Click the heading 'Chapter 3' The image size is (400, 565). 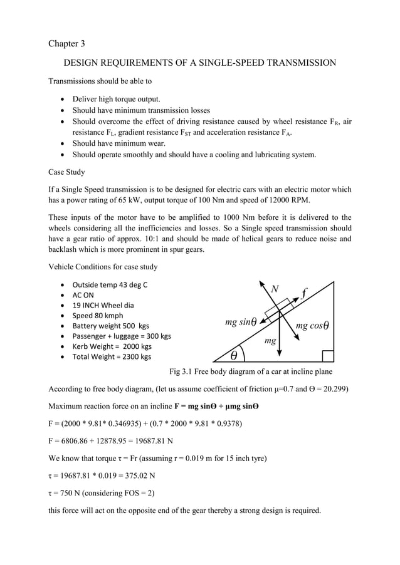(x=66, y=43)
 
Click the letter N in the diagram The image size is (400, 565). (x=274, y=289)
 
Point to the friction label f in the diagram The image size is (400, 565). (x=304, y=293)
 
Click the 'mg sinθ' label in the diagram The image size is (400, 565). (x=241, y=323)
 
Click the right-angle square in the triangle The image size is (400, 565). (x=327, y=356)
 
